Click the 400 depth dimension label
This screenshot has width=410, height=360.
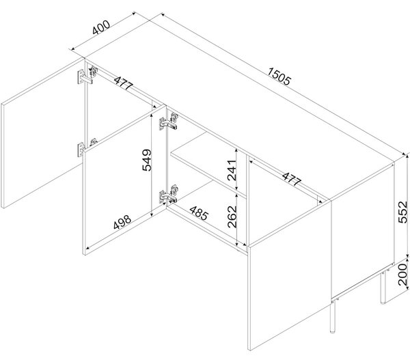(101, 27)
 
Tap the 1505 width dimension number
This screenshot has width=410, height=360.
(279, 77)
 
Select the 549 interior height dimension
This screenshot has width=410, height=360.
(147, 160)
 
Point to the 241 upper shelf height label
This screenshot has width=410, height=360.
(232, 171)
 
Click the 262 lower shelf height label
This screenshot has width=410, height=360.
(232, 217)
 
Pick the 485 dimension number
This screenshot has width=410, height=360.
(199, 213)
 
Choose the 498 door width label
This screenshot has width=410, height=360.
(122, 222)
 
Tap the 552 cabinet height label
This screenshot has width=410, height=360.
(402, 212)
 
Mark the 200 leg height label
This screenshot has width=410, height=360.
(402, 275)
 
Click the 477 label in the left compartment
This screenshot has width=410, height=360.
(124, 83)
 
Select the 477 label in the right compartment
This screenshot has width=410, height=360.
(292, 179)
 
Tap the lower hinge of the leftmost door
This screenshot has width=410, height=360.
(87, 147)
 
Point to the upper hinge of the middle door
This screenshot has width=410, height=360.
(169, 122)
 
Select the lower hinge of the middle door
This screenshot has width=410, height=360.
(169, 194)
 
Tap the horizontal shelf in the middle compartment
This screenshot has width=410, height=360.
(208, 164)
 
